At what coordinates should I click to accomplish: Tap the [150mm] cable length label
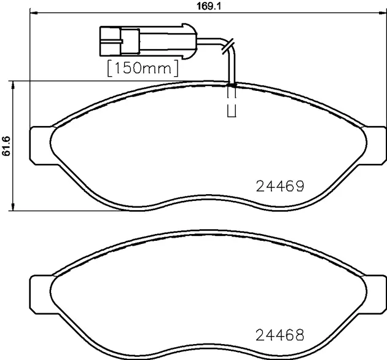coord(143,66)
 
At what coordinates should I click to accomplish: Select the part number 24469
coord(280,186)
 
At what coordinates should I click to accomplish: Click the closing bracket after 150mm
coord(178,66)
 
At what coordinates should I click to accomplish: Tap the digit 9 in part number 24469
coord(300,186)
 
